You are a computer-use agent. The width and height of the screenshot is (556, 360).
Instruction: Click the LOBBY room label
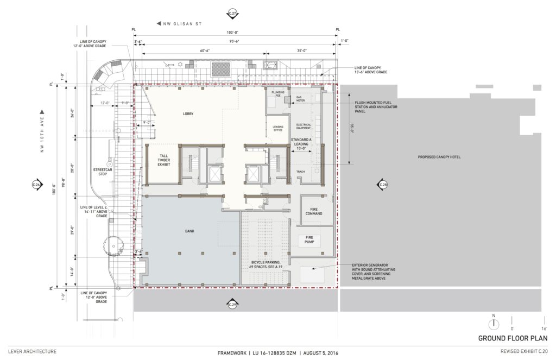[x=188, y=114]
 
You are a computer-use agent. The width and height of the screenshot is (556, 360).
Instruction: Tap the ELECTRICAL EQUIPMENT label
[x=303, y=127]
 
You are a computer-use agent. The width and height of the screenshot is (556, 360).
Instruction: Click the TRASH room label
[x=300, y=172]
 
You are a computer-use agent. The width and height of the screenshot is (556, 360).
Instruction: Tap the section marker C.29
[x=233, y=305]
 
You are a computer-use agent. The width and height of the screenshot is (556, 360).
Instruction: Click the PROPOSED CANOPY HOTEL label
[x=440, y=158]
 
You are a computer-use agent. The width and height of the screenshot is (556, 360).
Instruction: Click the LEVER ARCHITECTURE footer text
[x=32, y=352]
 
